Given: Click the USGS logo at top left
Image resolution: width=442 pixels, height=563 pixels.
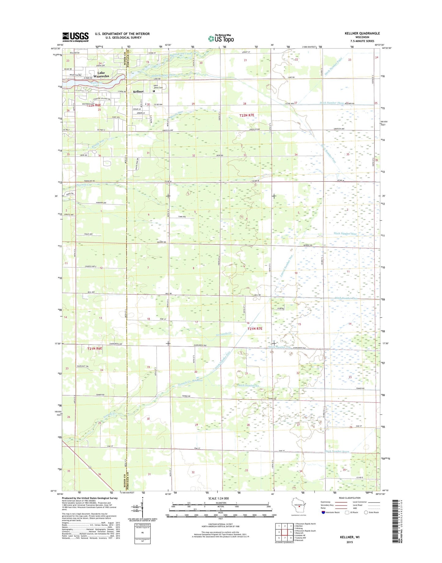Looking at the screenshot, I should click(75, 37).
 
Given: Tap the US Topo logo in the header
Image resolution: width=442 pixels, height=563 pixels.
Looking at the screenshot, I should click(221, 39).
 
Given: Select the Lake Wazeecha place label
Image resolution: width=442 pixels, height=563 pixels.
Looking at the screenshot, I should click(101, 75).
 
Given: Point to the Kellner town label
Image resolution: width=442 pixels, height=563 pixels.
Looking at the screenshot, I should click(138, 91).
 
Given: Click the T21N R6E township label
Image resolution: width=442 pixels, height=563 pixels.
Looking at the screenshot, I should click(95, 348).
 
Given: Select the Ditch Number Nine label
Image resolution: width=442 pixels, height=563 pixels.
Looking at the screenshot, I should click(345, 234).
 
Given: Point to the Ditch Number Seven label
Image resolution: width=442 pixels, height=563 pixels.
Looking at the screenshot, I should click(337, 451).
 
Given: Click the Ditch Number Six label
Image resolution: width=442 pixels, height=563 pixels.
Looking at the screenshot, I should click(248, 385).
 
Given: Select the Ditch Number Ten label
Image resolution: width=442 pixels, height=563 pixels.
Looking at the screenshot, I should click(279, 347).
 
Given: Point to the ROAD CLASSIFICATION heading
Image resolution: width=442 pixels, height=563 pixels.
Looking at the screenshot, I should click(350, 498).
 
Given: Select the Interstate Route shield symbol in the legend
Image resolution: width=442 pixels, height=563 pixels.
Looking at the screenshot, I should click(323, 512).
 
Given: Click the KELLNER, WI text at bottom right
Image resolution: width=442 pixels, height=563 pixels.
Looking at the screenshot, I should click(350, 537).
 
